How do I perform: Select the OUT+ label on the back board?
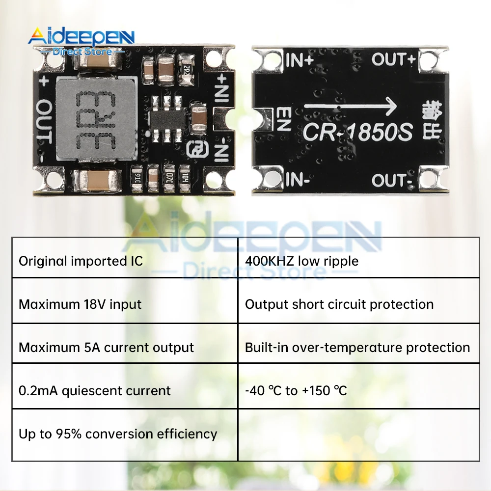click(x=393, y=60)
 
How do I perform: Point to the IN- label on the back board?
click(x=297, y=180)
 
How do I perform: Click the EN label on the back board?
click(x=284, y=119)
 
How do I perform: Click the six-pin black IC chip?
click(x=168, y=118)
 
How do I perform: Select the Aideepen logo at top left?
click(x=81, y=39)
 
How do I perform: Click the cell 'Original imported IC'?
click(x=81, y=261)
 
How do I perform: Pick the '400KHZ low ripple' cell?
click(x=301, y=261)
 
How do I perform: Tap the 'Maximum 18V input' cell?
click(x=80, y=304)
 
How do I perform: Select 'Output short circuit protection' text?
click(x=339, y=304)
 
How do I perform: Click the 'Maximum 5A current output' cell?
click(x=107, y=348)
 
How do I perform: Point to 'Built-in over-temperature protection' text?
click(x=357, y=348)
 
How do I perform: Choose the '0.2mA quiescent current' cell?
click(x=95, y=391)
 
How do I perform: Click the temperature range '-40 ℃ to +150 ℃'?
click(x=296, y=391)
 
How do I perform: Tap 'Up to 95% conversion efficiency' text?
click(x=118, y=434)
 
